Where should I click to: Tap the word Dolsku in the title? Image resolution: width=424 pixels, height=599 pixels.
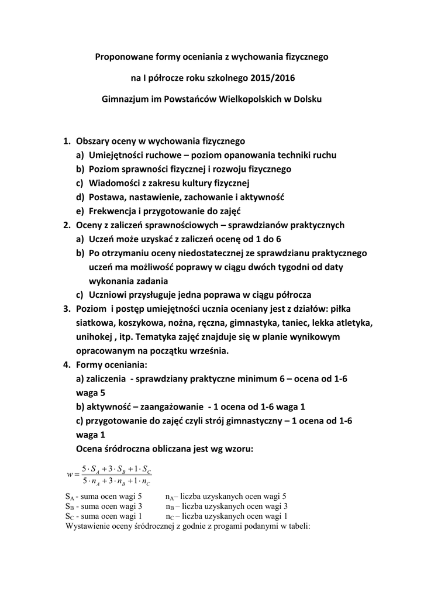coord(307,99)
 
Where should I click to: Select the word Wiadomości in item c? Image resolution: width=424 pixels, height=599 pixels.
coord(116,183)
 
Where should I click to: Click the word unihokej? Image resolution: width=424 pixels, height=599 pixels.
coord(94,336)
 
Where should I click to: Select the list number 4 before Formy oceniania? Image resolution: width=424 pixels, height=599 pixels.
coord(67,364)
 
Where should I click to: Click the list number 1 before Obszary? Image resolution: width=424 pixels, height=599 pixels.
coord(67,141)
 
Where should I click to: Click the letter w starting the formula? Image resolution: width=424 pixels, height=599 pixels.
coord(70,474)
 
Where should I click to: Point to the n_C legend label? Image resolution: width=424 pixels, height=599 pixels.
coord(170,517)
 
